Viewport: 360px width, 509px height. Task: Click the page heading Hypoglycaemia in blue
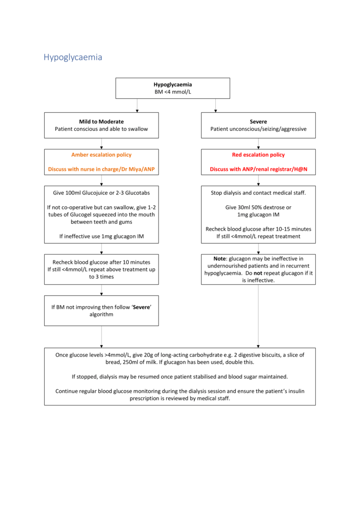[x=73, y=57]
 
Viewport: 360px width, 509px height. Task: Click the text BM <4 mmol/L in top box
[x=173, y=92]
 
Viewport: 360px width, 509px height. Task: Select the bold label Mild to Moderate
[x=101, y=121]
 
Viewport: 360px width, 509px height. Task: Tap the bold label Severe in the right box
[x=258, y=121]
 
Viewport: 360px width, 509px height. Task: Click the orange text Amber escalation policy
[x=101, y=155]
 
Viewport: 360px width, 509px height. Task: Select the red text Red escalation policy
[x=258, y=155]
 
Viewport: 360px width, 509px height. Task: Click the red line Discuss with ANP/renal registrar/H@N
[x=258, y=170]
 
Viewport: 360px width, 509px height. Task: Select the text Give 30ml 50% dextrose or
[x=258, y=207]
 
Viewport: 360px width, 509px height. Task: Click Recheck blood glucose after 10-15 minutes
[x=258, y=229]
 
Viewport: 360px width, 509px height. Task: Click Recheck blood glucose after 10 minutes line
[x=101, y=262]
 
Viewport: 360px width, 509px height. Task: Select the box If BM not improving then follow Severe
[x=101, y=311]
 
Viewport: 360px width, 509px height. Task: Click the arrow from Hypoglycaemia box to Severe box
[x=215, y=105]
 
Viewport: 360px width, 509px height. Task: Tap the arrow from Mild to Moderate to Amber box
[x=101, y=144]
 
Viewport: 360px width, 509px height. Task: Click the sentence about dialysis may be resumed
[x=180, y=376]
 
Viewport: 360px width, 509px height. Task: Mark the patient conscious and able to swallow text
[x=101, y=129]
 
